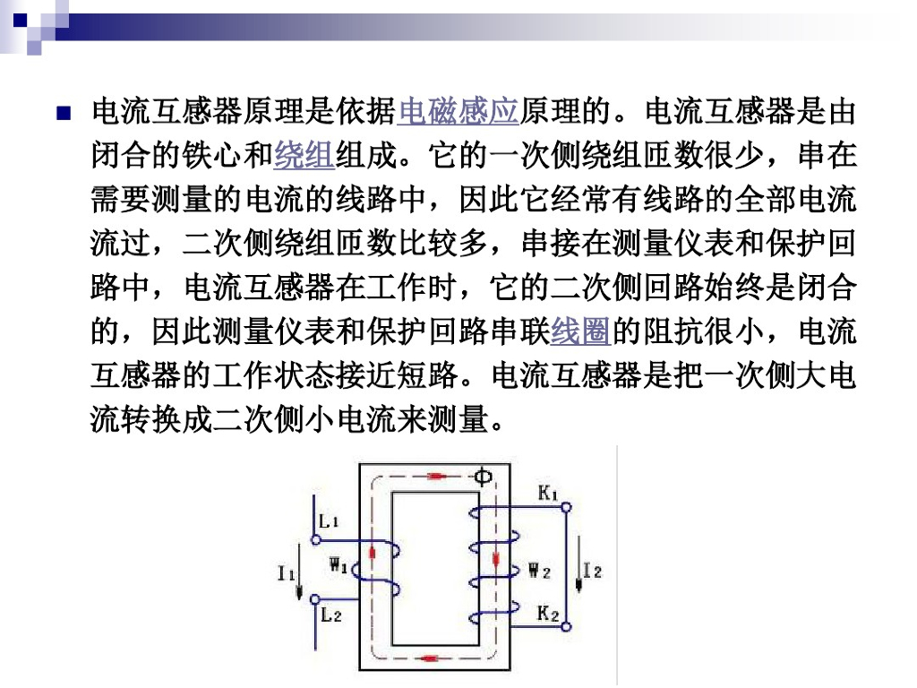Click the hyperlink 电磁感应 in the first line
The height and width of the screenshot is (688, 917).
pyautogui.click(x=458, y=113)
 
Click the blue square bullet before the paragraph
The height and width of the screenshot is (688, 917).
pyautogui.click(x=63, y=114)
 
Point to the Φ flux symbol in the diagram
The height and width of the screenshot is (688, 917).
pyautogui.click(x=482, y=476)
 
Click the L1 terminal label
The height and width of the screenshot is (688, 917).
pyautogui.click(x=328, y=520)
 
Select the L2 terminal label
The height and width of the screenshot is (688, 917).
pyautogui.click(x=330, y=615)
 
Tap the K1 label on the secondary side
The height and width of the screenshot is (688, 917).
pyautogui.click(x=548, y=492)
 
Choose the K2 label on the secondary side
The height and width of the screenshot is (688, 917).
pyautogui.click(x=548, y=614)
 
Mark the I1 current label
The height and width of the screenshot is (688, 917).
pyautogui.click(x=286, y=571)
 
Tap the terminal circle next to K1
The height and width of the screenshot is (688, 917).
pyautogui.click(x=566, y=507)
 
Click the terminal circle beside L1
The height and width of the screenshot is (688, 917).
pyautogui.click(x=315, y=539)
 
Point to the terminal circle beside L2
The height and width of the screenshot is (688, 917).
pyautogui.click(x=315, y=600)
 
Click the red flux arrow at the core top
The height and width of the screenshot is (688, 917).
pyautogui.click(x=436, y=476)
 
